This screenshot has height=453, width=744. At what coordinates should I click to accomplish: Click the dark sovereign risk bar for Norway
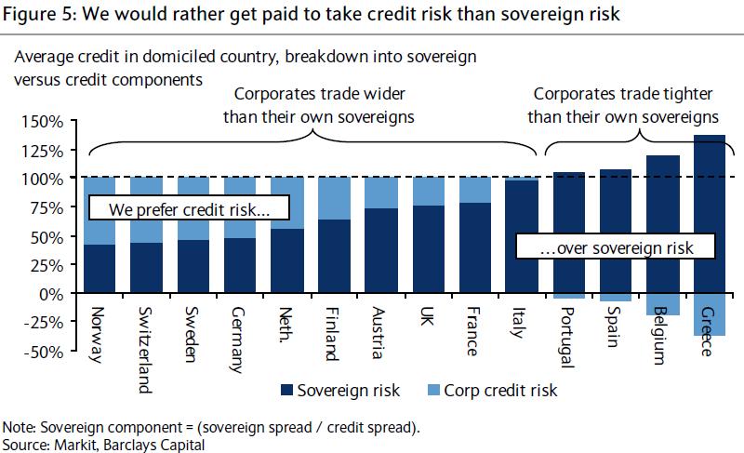tap(100, 270)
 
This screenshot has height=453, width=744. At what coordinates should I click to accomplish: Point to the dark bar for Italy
tap(521, 237)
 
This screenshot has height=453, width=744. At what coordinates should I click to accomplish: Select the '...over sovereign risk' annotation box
tap(615, 246)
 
